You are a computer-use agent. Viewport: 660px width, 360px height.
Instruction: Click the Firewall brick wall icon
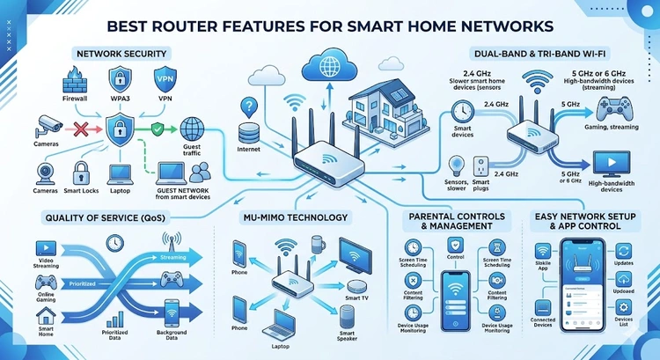coord(75,84)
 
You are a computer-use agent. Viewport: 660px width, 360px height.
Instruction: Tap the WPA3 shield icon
coord(119,81)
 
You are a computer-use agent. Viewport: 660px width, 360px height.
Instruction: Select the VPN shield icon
coord(164,80)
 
